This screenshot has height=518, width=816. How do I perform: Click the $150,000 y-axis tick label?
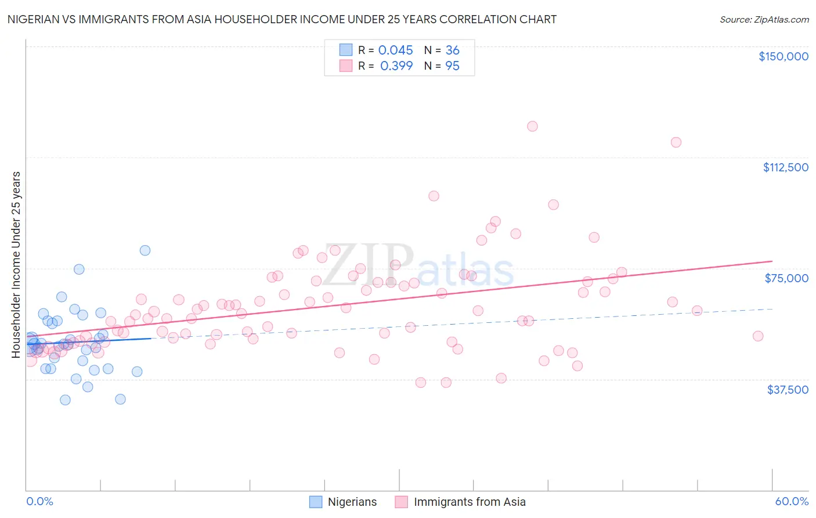(783, 56)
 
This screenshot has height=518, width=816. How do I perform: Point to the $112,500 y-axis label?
(785, 167)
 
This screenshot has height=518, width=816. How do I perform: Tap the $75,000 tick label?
(786, 278)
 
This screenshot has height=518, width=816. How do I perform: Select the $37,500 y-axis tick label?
(788, 390)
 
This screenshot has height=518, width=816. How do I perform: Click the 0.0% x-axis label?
(39, 501)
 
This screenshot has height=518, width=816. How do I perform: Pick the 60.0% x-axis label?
(792, 501)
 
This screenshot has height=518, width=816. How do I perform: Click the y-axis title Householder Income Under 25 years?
(16, 264)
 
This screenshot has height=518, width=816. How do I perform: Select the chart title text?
(281, 19)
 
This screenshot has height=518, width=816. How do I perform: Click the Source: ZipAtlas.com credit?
(764, 20)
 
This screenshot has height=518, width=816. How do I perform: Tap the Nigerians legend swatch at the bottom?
(316, 502)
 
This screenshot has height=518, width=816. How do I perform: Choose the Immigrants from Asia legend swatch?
(402, 502)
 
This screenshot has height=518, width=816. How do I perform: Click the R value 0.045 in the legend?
(395, 50)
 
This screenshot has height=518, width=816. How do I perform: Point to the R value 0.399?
(396, 66)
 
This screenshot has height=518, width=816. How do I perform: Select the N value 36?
(452, 50)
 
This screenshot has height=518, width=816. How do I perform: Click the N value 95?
(452, 66)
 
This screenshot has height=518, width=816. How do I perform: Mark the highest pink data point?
(532, 126)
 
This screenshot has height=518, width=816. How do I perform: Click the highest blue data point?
(145, 250)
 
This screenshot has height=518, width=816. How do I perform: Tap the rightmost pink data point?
(757, 336)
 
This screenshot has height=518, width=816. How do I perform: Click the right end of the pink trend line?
(772, 261)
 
